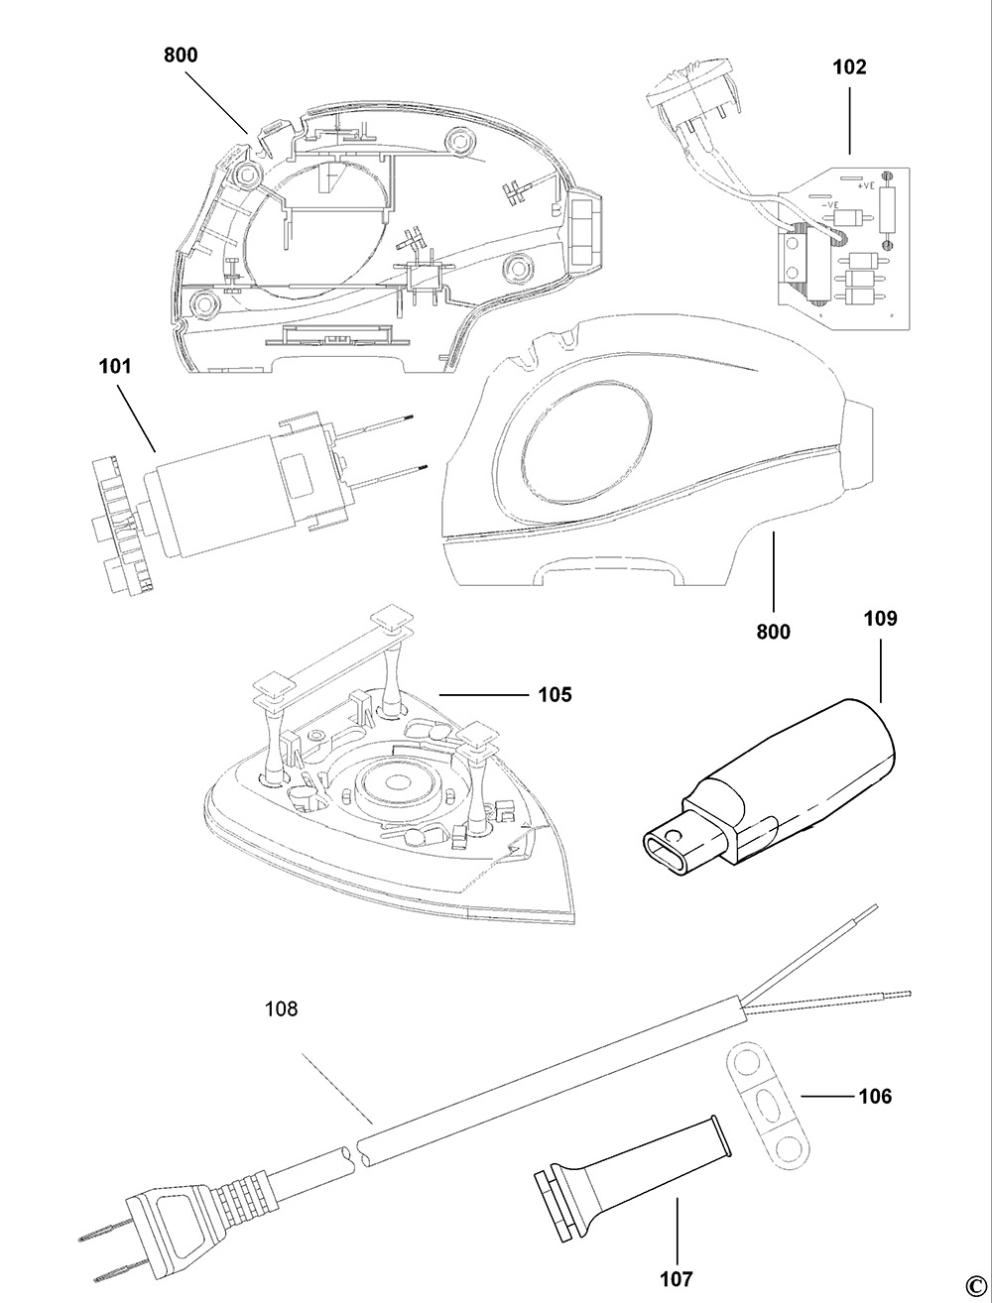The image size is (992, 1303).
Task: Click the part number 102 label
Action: [x=850, y=67]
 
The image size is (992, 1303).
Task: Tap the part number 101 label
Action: [x=115, y=366]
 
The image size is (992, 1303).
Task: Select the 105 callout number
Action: [x=555, y=694]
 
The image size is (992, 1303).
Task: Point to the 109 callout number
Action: [x=880, y=619]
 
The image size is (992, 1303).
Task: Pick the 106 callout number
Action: [x=874, y=1096]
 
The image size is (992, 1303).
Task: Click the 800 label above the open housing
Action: [x=181, y=56]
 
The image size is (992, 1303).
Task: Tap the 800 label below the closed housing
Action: [x=773, y=631]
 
